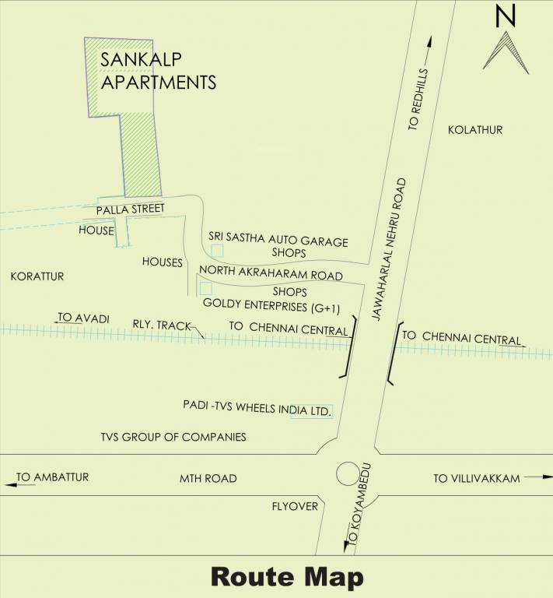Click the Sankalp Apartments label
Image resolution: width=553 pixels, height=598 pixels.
point(157,70)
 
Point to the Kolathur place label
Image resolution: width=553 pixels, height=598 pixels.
point(475,130)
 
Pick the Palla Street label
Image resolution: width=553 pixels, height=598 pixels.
point(130,211)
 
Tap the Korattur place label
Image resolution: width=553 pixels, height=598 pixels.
point(37,276)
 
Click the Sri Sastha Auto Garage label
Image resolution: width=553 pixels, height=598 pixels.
point(278,241)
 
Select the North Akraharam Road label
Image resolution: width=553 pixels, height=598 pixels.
point(271,275)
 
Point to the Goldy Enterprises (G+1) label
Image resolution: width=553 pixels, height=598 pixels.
point(265,307)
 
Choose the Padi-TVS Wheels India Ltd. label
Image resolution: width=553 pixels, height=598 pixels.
point(257,406)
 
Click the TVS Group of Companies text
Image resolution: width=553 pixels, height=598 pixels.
point(173,437)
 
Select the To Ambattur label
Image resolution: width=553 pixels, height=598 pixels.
point(53,477)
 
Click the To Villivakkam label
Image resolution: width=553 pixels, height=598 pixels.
point(476,478)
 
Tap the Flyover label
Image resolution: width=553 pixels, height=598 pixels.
point(295,506)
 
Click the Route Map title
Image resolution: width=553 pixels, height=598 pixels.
point(287,577)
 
